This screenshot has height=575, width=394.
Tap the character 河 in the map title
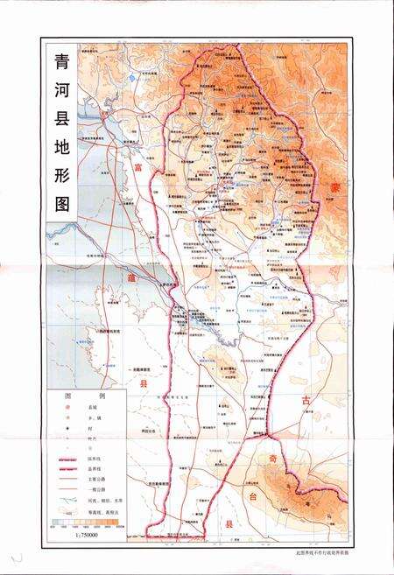point(62,101)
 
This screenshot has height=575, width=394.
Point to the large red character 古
point(306,400)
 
